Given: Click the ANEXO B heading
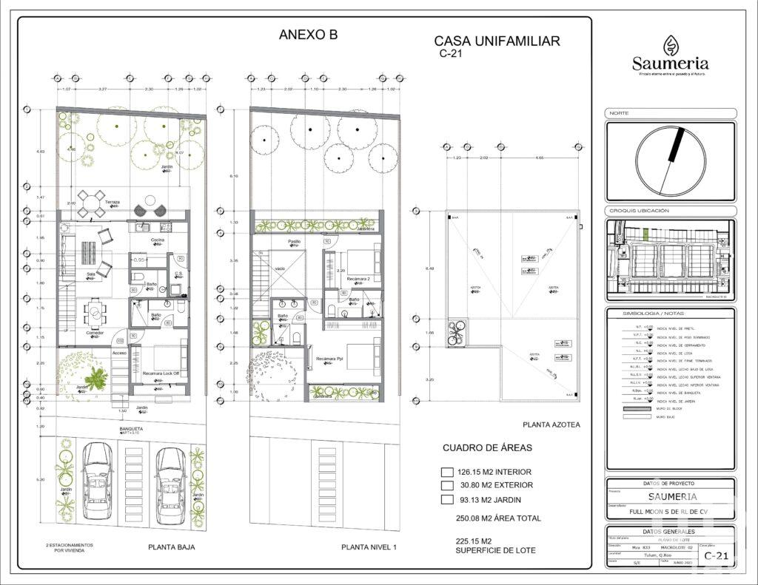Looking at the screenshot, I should (x=308, y=34).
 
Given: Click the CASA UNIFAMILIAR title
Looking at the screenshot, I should (x=496, y=41).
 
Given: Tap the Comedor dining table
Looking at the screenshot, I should (x=95, y=314).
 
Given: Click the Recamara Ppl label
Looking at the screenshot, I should (x=330, y=359).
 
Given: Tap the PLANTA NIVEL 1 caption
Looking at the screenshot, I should (x=369, y=547).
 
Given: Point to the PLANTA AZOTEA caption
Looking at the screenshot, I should (x=551, y=425).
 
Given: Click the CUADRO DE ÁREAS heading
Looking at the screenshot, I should (x=487, y=448).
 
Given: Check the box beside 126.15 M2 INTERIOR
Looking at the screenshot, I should (x=446, y=472).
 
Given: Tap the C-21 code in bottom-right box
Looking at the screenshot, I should (x=717, y=555).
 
